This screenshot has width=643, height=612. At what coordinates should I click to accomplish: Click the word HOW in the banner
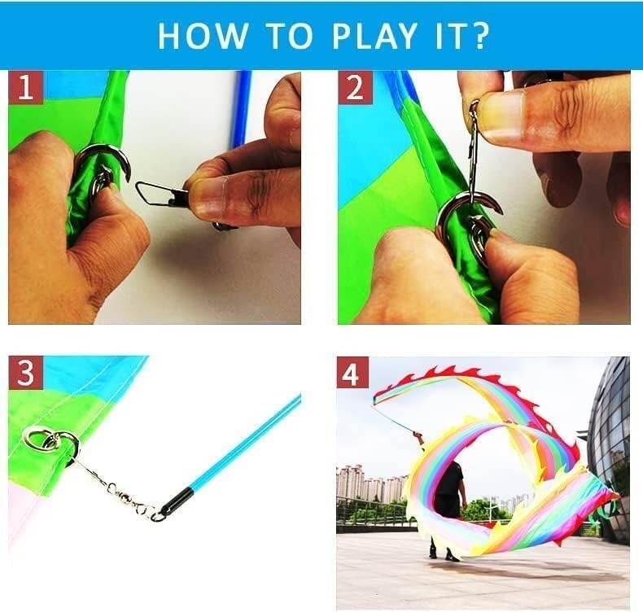point(203,36)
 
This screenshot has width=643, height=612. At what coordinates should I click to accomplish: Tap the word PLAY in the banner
point(374,36)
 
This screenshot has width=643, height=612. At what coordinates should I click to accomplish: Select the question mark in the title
point(479,36)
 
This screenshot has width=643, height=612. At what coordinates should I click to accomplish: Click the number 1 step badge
point(25,88)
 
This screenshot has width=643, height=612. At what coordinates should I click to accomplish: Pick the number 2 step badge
point(354,88)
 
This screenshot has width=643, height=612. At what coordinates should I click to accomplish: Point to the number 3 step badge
point(25,373)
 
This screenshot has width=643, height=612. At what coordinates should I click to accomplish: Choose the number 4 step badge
point(352,373)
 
